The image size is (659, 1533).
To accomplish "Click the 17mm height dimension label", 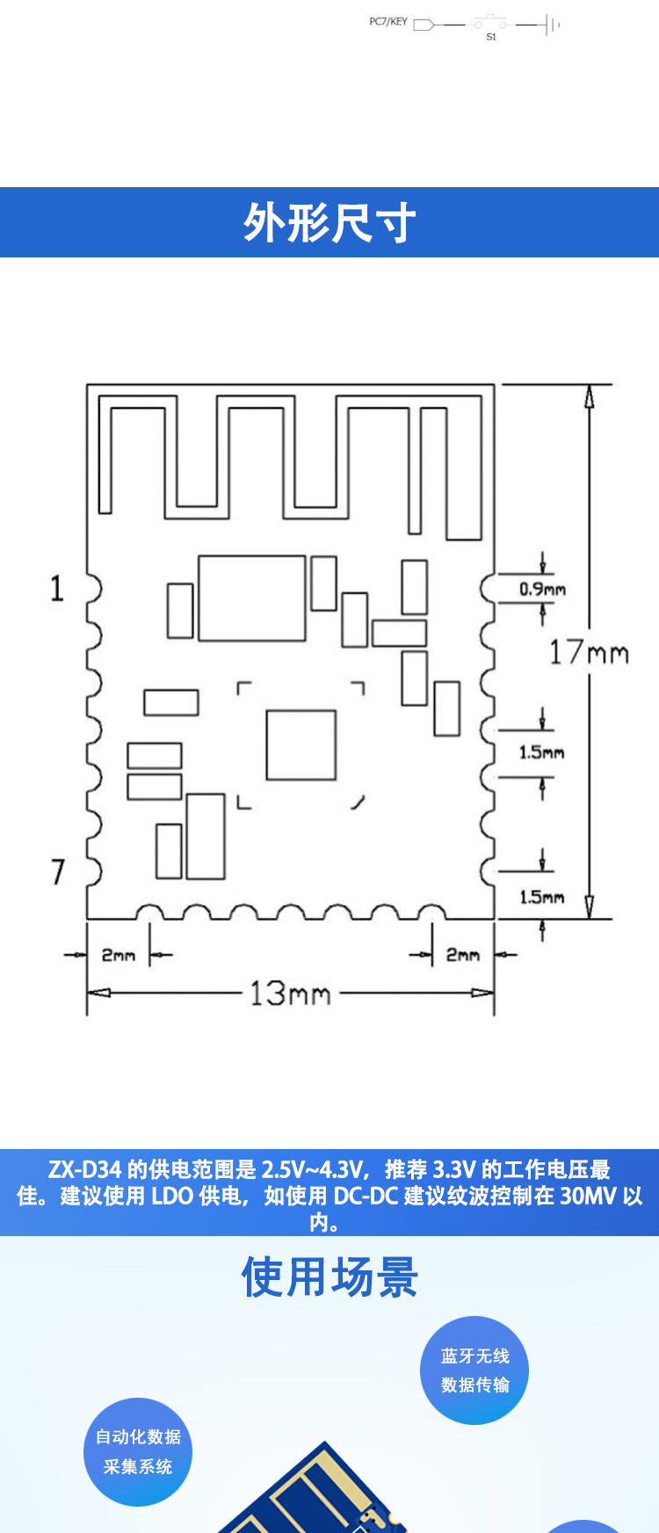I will coord(589,653).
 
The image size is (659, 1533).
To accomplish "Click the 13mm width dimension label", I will coord(290,994).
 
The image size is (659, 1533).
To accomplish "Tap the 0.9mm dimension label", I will coord(542,589).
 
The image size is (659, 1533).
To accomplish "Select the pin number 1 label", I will coord(57,589).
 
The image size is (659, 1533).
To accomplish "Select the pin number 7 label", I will coord(58,871).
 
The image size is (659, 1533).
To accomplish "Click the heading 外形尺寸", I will coord(329,222).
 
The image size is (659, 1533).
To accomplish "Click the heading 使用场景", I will coord(329,1276).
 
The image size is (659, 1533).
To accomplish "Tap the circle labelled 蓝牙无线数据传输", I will coord(474,1370).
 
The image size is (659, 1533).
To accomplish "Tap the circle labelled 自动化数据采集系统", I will coord(138,1451).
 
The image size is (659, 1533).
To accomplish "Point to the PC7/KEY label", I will coord(388,22).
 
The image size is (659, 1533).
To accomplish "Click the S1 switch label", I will coord(491,37).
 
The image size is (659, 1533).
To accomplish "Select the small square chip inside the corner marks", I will coord(301,745).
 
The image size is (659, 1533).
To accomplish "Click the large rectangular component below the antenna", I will coord(252,597).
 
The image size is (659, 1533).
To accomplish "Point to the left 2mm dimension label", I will coord(119,954).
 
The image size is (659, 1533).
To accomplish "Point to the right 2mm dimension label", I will coord(462,954).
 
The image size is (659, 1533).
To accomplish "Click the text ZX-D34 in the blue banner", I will coord(84,1170).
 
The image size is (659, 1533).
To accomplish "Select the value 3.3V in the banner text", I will coord(454,1170).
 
